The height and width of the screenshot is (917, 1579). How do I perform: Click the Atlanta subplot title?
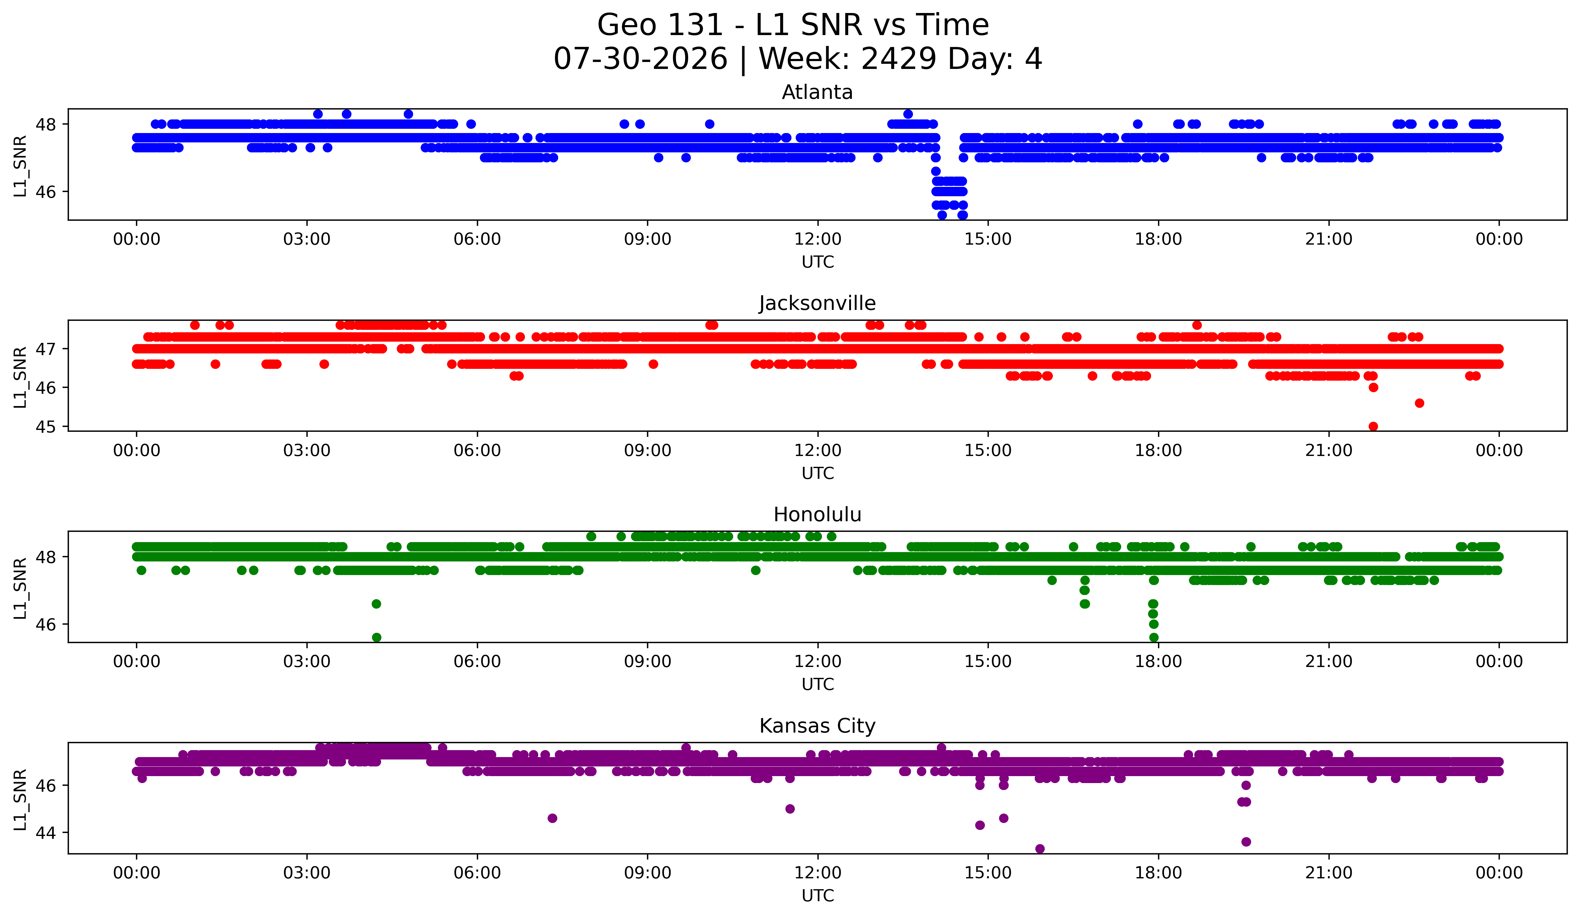[817, 92]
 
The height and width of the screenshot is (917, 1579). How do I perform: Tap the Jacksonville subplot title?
[817, 303]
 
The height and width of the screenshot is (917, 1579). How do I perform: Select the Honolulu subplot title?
[817, 515]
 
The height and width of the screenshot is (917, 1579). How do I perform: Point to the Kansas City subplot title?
[817, 726]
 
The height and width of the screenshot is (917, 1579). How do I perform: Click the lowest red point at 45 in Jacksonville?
[1373, 426]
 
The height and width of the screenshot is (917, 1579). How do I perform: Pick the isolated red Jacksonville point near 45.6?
[1419, 403]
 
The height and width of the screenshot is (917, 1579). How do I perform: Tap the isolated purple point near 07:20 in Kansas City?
[552, 818]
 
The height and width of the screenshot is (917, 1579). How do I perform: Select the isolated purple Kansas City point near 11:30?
[789, 808]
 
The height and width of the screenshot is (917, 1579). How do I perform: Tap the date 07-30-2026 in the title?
[640, 59]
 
